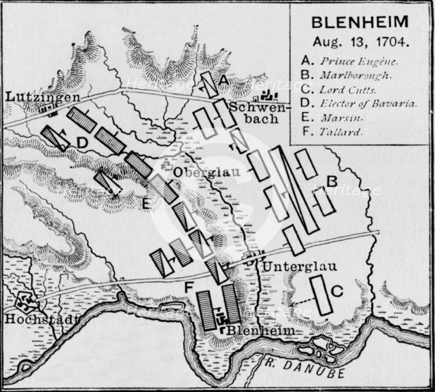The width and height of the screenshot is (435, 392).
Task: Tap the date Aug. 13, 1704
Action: point(360,41)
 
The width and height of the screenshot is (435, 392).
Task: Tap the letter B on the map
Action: point(332,182)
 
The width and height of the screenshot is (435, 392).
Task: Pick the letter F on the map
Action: point(187,288)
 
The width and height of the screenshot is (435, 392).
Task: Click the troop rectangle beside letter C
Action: point(320,296)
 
